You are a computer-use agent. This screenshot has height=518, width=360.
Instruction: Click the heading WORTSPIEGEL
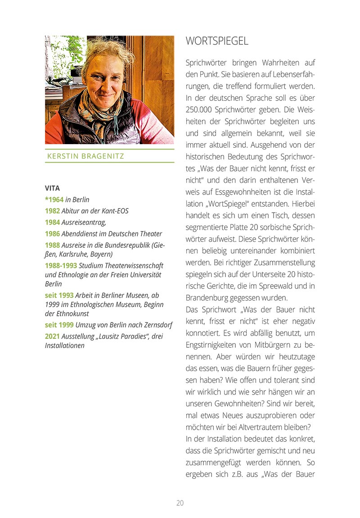217,41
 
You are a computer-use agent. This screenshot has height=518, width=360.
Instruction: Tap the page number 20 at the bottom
180,503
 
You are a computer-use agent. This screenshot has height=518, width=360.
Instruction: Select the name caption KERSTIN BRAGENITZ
85,156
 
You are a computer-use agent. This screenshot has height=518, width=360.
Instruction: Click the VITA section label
52,188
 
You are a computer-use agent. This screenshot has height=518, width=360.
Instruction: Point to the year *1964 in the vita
54,199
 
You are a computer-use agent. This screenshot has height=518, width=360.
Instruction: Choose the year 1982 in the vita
52,210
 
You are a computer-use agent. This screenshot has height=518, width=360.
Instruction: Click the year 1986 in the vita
52,234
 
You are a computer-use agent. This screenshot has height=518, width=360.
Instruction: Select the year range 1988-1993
61,265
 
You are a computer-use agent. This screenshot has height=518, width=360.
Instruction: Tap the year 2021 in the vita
52,336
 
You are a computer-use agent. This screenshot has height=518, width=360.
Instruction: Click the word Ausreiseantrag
84,222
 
